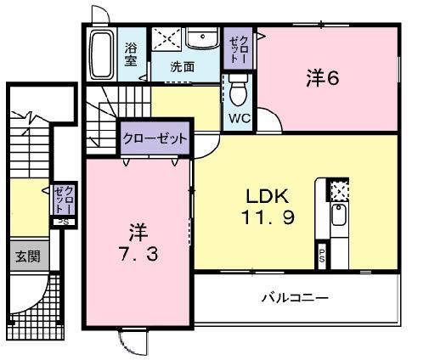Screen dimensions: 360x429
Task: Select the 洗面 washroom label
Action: [x=181, y=65]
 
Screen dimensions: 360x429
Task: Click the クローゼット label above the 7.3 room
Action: [x=154, y=138]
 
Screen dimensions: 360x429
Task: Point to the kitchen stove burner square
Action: [x=338, y=191]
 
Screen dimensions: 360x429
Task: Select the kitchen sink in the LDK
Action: [x=338, y=217]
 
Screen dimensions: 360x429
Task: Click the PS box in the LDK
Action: [x=322, y=255]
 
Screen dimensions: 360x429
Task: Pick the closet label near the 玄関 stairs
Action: [x=61, y=200]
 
